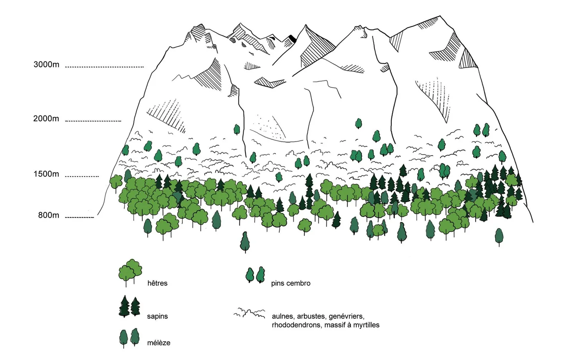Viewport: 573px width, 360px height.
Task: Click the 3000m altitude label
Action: (x=46, y=64)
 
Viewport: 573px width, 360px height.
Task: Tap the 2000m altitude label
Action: (x=46, y=119)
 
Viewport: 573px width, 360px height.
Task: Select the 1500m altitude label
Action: (x=46, y=174)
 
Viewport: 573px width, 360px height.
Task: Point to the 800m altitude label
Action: (x=49, y=215)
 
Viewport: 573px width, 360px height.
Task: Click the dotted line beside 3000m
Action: (x=104, y=67)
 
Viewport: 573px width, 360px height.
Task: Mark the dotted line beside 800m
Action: (x=80, y=218)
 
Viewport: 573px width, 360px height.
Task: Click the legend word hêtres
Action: (x=157, y=283)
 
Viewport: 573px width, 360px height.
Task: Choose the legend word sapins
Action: (x=157, y=316)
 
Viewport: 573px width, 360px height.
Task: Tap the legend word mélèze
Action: (x=159, y=343)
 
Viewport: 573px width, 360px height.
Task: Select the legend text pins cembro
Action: (x=290, y=283)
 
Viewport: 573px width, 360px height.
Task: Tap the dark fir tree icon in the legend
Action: (x=130, y=306)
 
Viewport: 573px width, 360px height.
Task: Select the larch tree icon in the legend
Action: (x=129, y=338)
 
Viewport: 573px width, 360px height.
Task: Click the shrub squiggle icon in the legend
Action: (x=249, y=313)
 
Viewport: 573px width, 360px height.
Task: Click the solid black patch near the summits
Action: (x=292, y=39)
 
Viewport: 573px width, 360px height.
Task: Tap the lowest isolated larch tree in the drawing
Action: (x=245, y=242)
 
